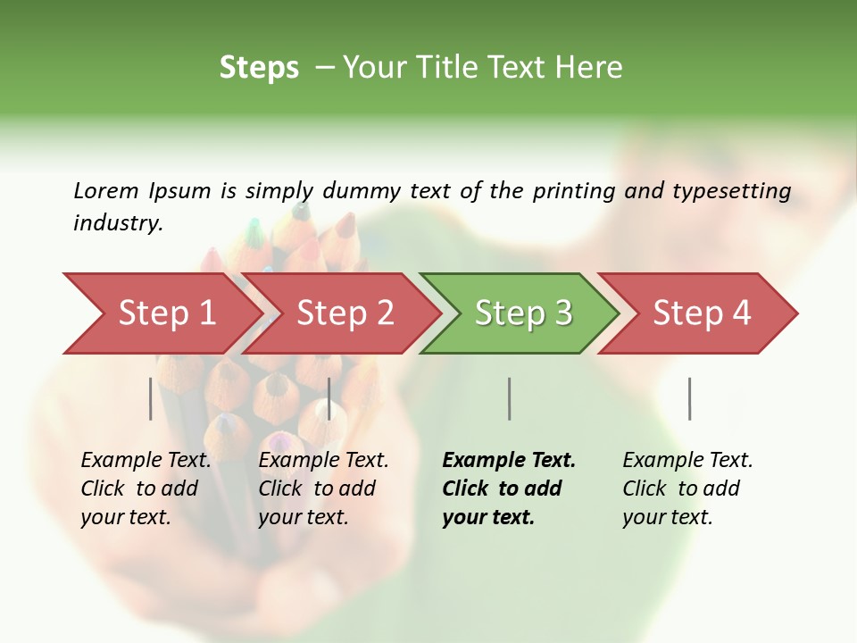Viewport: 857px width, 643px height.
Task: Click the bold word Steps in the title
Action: pyautogui.click(x=259, y=68)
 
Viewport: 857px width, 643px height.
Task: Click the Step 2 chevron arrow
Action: pyautogui.click(x=344, y=313)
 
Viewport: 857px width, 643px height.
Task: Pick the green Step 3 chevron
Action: pyautogui.click(x=522, y=313)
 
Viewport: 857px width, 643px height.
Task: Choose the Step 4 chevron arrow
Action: pyautogui.click(x=701, y=313)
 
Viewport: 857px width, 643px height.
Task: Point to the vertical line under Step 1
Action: pyautogui.click(x=151, y=398)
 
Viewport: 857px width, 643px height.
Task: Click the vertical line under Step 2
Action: pyautogui.click(x=329, y=398)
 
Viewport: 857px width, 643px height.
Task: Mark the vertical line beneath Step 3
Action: pyautogui.click(x=509, y=398)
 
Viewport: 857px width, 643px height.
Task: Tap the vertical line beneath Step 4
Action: pyautogui.click(x=689, y=398)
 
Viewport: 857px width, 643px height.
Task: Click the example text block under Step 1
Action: pyautogui.click(x=146, y=489)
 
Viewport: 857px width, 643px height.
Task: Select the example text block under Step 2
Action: pyautogui.click(x=323, y=489)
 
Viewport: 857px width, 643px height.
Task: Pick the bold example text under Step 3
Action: pyautogui.click(x=509, y=489)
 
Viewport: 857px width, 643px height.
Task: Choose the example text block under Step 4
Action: pyautogui.click(x=687, y=489)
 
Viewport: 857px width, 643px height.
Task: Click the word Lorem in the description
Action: pyautogui.click(x=106, y=191)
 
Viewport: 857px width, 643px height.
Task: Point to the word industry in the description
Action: pyautogui.click(x=118, y=223)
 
